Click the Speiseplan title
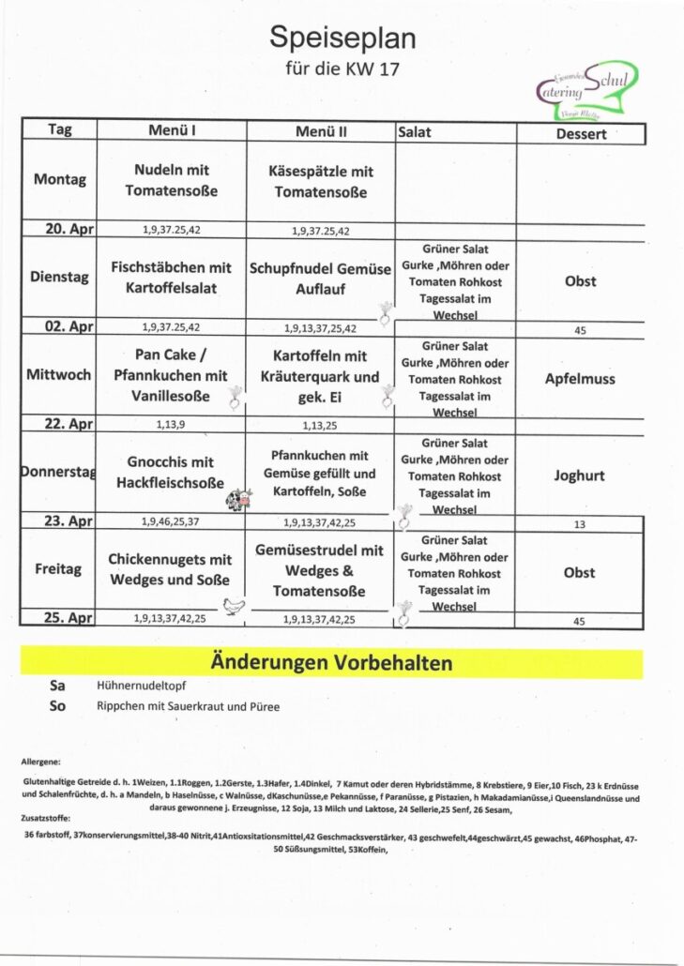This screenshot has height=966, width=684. click(342, 38)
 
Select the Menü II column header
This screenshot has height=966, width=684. click(321, 132)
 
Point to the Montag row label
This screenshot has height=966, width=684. click(59, 179)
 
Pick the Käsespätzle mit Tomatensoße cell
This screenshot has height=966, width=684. click(321, 182)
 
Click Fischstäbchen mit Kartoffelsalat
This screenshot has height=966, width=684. click(171, 278)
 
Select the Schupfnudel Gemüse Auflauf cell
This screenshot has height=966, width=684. click(321, 279)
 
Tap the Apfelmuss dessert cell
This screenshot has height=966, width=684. click(579, 379)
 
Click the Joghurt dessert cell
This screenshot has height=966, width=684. click(579, 475)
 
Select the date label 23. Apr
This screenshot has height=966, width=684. click(59, 521)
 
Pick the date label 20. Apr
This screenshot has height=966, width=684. click(59, 229)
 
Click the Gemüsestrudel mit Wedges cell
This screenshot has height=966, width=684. click(321, 570)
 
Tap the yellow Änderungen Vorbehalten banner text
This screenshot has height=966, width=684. click(331, 664)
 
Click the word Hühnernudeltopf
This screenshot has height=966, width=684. click(141, 687)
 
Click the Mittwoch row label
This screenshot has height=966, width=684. click(59, 375)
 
